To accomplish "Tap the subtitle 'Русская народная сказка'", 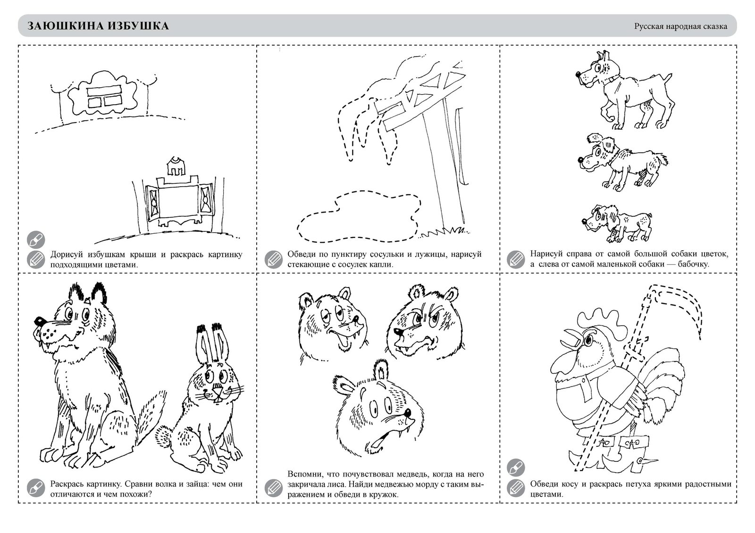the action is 680,26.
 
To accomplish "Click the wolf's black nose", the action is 40,320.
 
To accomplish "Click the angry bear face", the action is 424,323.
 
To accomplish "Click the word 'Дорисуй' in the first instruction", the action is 66,254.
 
